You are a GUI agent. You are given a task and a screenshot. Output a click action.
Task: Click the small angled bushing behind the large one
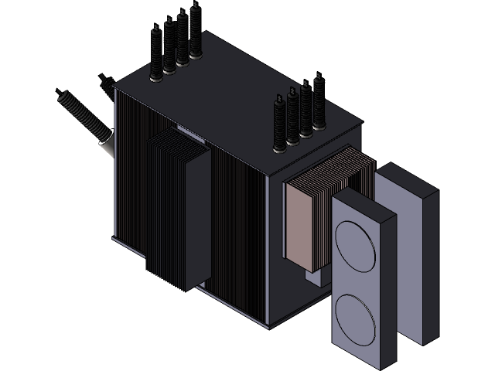click(104, 80)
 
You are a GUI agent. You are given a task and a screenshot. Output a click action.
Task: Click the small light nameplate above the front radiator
click(189, 132)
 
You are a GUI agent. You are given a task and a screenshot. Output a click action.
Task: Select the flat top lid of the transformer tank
click(232, 108)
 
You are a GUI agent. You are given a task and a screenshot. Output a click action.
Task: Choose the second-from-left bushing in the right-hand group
click(292, 116)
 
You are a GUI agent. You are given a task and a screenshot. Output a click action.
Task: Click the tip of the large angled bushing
click(60, 96)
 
